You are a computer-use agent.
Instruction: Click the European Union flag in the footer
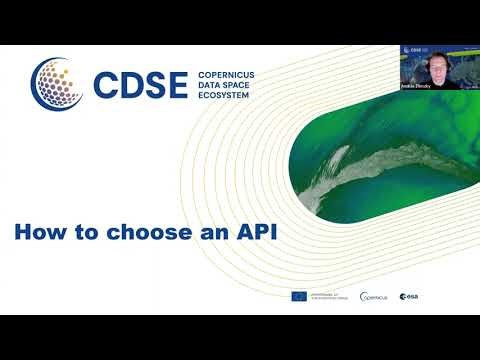coord(298,297)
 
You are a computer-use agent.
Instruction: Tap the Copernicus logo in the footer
coord(373,297)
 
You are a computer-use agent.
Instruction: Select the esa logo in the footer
coord(410,297)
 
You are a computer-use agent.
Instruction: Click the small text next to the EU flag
coord(330,297)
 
